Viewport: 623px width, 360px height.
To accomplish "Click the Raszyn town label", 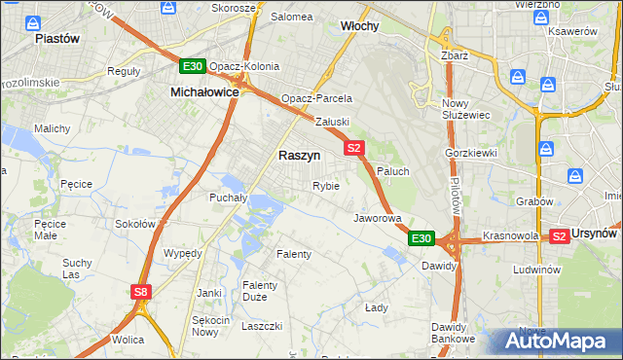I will point(299,155).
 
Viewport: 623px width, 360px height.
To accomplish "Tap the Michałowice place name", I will point(204,90).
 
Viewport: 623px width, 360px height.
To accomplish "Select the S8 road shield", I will point(142,291).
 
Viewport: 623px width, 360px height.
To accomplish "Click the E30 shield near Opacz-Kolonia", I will point(192,66).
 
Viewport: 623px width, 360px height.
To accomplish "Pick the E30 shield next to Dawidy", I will point(421,238).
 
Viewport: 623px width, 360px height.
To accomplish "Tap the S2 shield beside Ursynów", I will point(559,235).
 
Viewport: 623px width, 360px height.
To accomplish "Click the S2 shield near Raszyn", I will point(353,148).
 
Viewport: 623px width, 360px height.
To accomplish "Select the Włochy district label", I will point(359,25).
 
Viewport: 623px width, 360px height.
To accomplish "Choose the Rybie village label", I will point(325,186).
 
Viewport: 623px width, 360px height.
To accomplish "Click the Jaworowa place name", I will point(378,218).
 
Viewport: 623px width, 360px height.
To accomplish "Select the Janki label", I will point(209,292).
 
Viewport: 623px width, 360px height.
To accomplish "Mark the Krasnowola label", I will point(510,236).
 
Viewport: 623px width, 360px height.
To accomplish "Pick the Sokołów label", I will point(135,223).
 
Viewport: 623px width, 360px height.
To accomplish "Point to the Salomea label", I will point(291,17).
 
